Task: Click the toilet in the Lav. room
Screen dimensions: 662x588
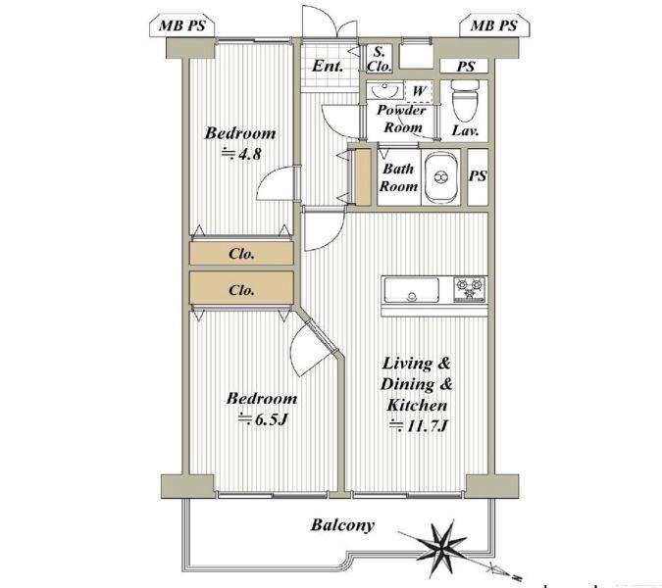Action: pyautogui.click(x=465, y=99)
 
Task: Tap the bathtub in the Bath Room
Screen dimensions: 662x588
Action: pyautogui.click(x=441, y=177)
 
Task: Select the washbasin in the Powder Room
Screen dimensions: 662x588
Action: pyautogui.click(x=384, y=91)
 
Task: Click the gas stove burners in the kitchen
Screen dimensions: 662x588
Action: pyautogui.click(x=470, y=288)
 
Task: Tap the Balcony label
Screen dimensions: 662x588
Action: pyautogui.click(x=342, y=525)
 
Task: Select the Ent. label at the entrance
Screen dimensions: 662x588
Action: pyautogui.click(x=328, y=67)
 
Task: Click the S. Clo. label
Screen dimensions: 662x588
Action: pyautogui.click(x=379, y=59)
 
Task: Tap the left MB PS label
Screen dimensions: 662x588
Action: pyautogui.click(x=182, y=26)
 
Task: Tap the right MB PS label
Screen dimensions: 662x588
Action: pyautogui.click(x=493, y=26)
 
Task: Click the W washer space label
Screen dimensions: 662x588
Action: pyautogui.click(x=419, y=91)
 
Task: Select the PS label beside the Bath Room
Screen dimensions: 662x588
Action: pyautogui.click(x=478, y=175)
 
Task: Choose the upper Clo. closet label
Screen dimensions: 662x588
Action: pyautogui.click(x=241, y=254)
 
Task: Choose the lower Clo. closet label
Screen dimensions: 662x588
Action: pyautogui.click(x=241, y=290)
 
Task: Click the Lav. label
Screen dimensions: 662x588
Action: pyautogui.click(x=465, y=130)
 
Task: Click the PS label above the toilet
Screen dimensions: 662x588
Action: pyautogui.click(x=466, y=67)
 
